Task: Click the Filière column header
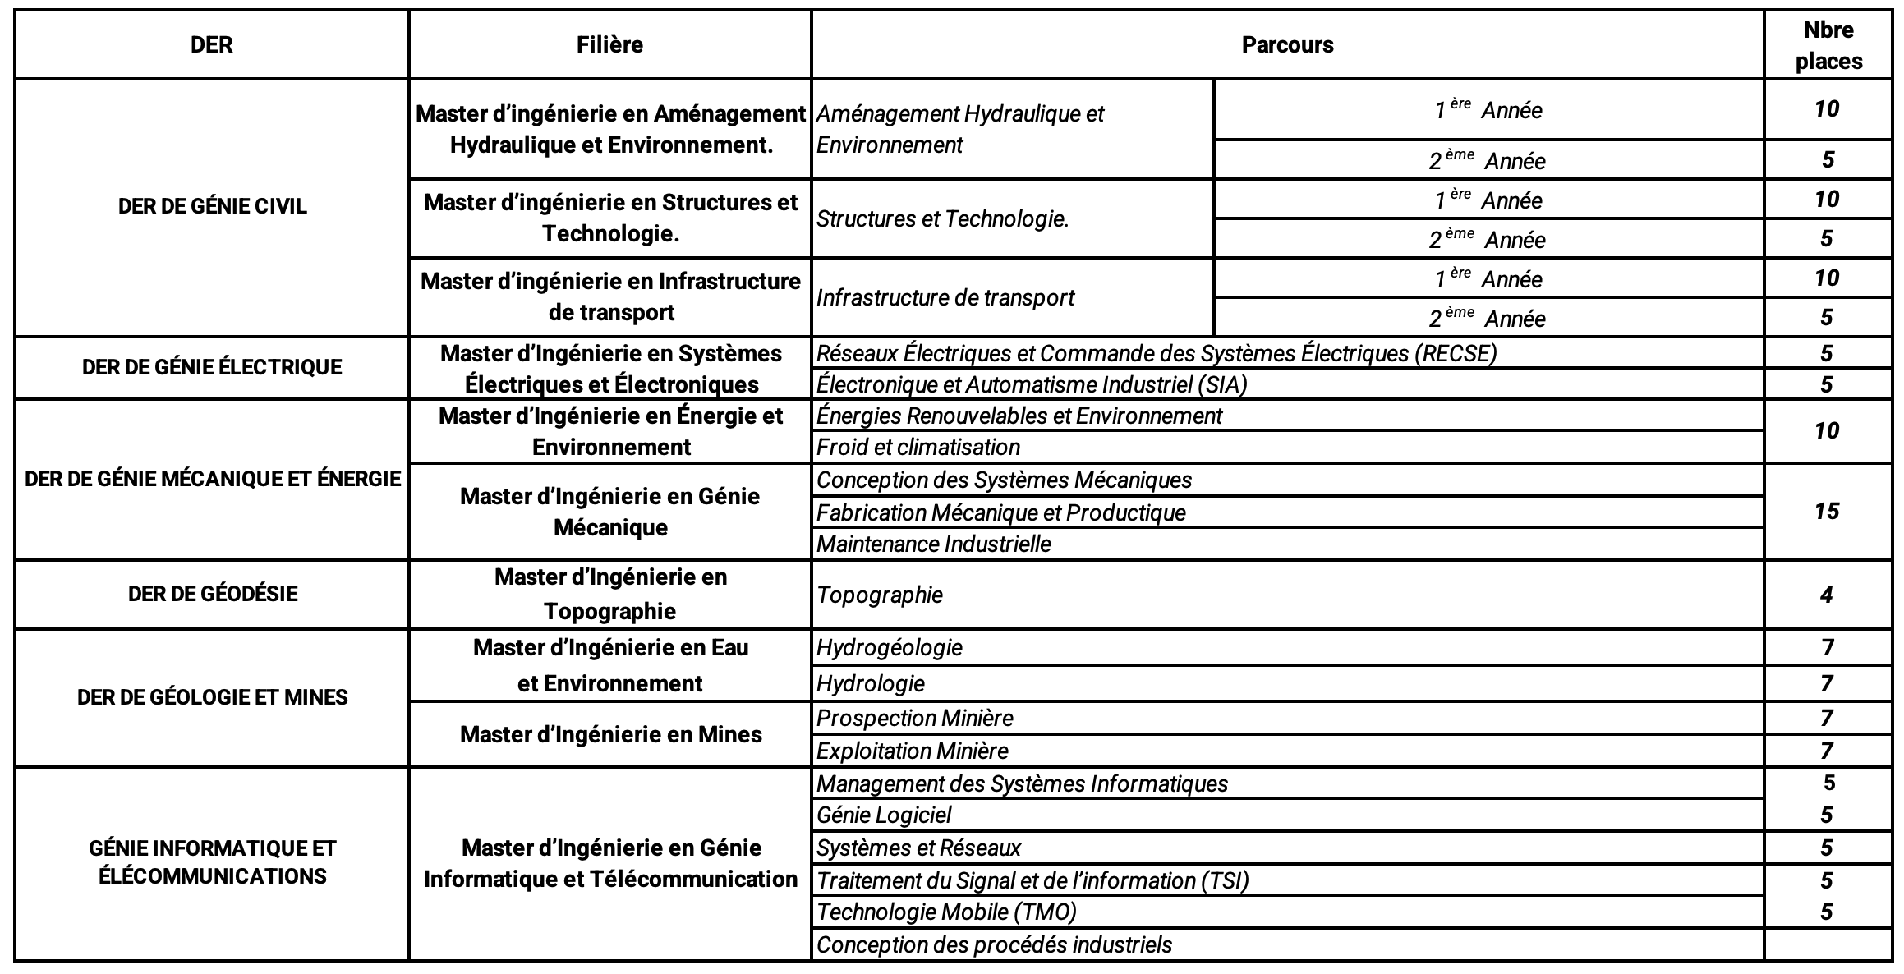[x=609, y=44]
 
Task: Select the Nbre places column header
[x=1828, y=45]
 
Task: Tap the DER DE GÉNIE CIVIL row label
[x=212, y=206]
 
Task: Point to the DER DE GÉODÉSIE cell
[x=212, y=594]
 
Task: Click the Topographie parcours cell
[x=880, y=595]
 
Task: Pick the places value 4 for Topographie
[x=1827, y=595]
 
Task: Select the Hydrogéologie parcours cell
[x=890, y=647]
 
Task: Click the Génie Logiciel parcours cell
[x=884, y=815]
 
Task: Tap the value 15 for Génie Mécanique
[x=1827, y=511]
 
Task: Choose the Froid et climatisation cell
[x=918, y=447]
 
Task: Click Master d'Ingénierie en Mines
[x=610, y=734]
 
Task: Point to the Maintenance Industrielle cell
[x=934, y=544]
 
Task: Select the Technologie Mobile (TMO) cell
[x=946, y=912]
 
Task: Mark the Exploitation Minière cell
[x=913, y=751]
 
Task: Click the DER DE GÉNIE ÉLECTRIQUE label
[x=212, y=367]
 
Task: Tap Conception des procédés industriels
[x=994, y=944]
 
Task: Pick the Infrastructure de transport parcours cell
[x=945, y=297]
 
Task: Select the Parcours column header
[x=1287, y=44]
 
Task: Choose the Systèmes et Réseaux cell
[x=919, y=848]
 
